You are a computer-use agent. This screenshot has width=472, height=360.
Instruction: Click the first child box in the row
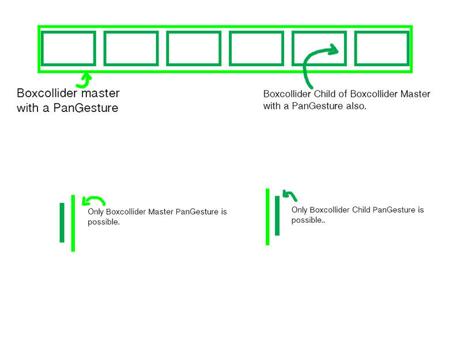pos(69,48)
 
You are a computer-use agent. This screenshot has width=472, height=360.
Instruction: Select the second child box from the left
pos(131,48)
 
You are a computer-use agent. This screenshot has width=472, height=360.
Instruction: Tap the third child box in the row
pos(194,48)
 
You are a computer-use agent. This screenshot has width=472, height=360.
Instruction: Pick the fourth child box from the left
pos(256,48)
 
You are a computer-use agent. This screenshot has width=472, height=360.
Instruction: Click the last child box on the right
pos(382,48)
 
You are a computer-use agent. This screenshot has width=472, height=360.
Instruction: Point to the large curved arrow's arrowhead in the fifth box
pos(334,50)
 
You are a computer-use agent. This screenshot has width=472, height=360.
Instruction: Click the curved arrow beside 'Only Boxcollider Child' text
pos(289,196)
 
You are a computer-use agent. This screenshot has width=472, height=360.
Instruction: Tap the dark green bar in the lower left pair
pos(62,222)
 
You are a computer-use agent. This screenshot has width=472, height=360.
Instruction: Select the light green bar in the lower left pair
pos(73,223)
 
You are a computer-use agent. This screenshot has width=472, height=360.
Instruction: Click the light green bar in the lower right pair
pos(267,216)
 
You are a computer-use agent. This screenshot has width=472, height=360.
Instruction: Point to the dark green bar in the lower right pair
pos(277,216)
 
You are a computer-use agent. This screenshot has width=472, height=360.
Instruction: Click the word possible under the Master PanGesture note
pos(103,222)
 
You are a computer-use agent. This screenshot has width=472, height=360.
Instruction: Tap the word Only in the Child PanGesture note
pos(300,210)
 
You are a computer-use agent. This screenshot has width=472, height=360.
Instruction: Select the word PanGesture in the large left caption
pos(85,108)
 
